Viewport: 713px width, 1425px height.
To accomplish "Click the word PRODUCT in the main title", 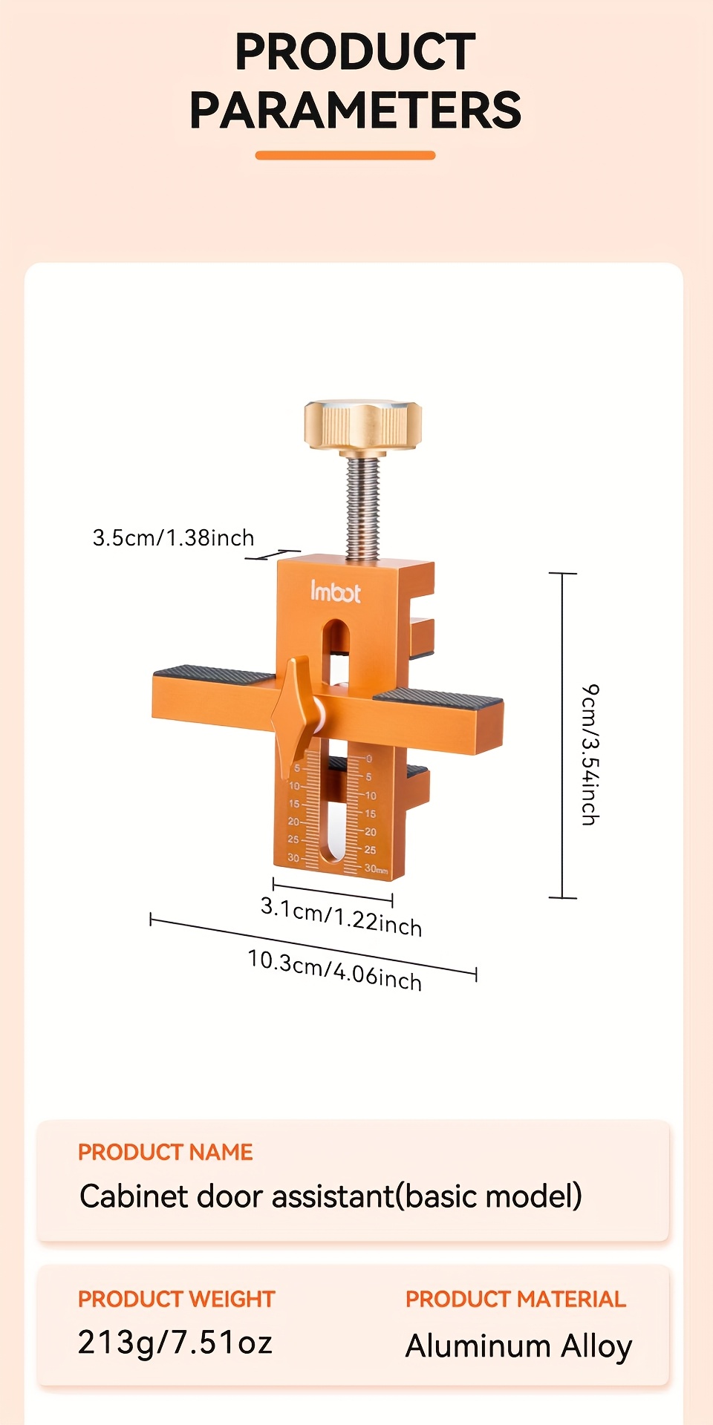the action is tap(355, 52).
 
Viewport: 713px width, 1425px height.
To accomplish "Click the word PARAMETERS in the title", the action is tap(355, 111).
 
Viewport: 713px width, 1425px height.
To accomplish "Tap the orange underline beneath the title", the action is tap(345, 155).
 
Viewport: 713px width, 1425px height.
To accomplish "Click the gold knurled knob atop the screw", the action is tap(362, 425).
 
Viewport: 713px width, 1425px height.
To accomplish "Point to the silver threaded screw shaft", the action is tap(362, 507).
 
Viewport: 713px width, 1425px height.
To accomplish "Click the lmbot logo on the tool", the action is tap(335, 592).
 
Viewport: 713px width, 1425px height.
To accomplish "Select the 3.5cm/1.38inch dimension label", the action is tap(173, 537).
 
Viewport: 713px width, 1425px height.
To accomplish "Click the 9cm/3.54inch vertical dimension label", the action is tap(590, 754).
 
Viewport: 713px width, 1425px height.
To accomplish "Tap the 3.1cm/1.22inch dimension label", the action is tap(341, 916).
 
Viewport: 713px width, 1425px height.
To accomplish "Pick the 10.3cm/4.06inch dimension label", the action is tap(334, 970).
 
